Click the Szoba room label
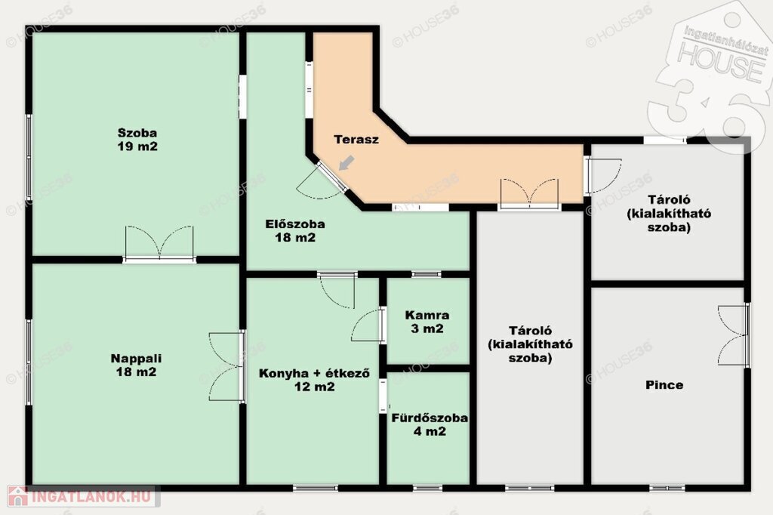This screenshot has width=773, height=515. (x=137, y=140)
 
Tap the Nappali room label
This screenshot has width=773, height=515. (x=136, y=365)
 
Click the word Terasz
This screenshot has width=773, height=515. (x=356, y=139)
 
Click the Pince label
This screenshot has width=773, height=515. (x=664, y=385)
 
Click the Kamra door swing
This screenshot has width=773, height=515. (x=368, y=325)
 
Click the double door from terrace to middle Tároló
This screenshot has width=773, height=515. (x=529, y=193)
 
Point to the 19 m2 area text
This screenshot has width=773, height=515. (x=137, y=146)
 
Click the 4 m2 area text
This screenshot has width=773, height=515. (x=430, y=432)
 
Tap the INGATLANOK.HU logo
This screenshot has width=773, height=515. (x=83, y=496)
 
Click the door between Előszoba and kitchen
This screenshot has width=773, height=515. (x=337, y=290)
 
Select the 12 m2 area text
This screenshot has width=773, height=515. (x=315, y=387)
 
